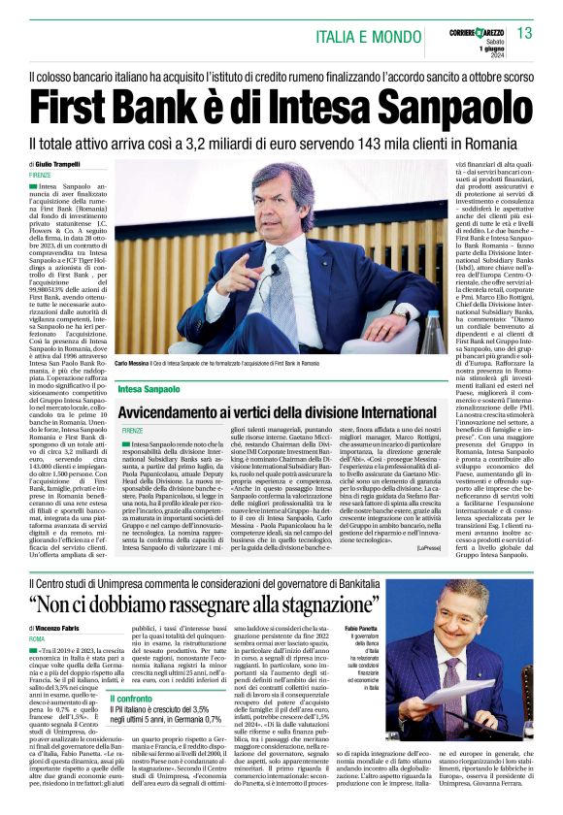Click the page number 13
coord(525,34)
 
